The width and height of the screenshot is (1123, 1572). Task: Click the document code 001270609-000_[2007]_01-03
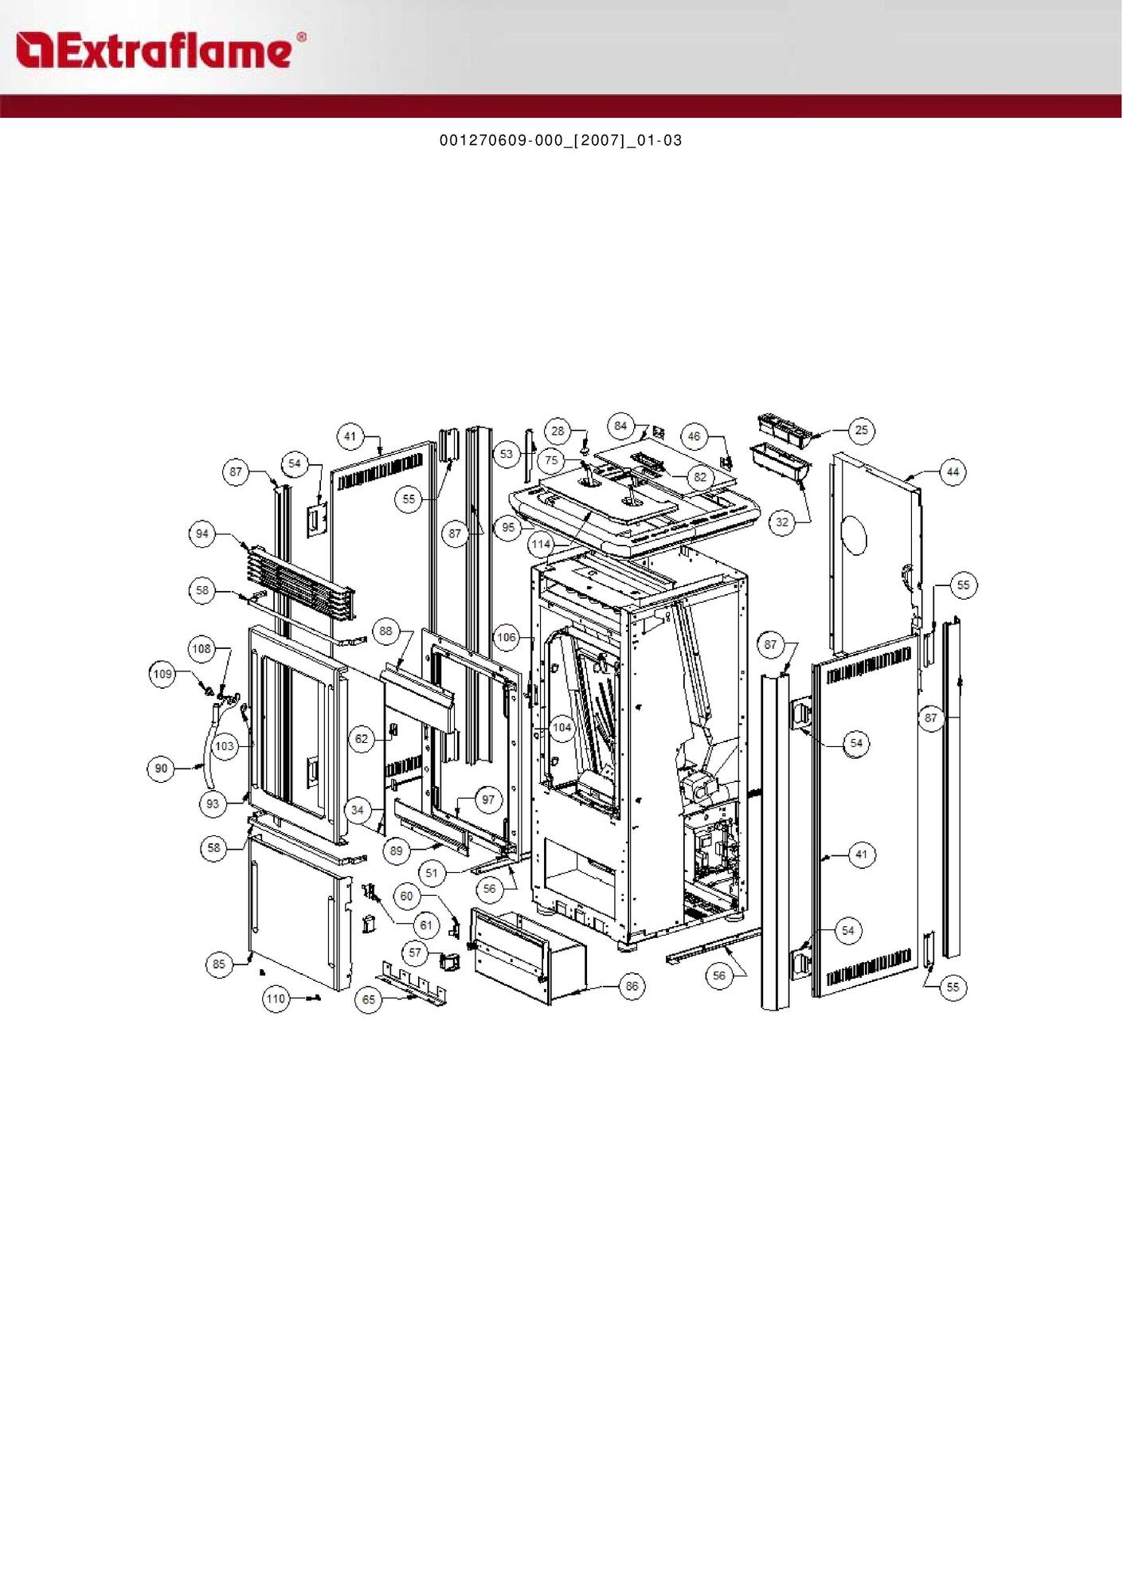(561, 141)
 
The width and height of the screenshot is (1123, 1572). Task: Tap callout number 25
(862, 430)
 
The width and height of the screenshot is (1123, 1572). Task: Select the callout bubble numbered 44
(953, 471)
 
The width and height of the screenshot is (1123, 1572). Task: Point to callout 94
(202, 534)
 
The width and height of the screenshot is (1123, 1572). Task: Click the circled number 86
(632, 986)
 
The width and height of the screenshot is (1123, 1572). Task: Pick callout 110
(276, 999)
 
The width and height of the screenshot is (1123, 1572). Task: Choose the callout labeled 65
(369, 999)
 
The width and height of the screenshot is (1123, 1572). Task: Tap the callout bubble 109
(162, 674)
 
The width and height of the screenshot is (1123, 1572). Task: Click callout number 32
(782, 522)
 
